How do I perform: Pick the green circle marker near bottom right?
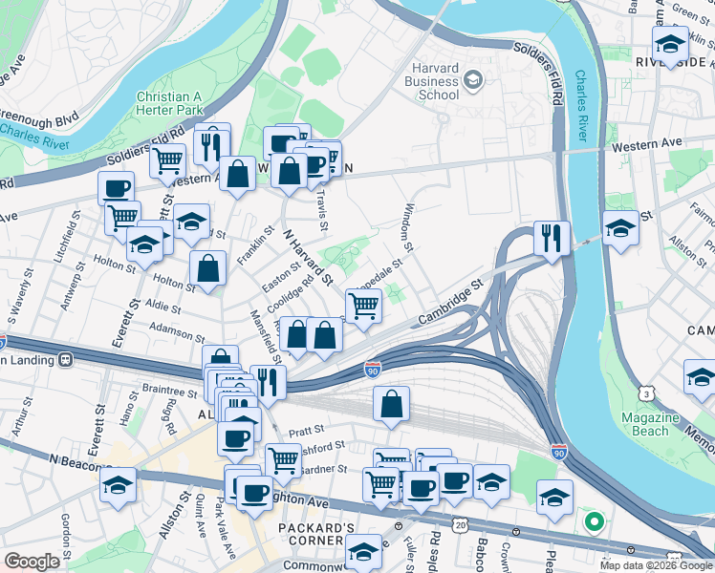tap(594, 522)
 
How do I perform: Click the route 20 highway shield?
tap(461, 526)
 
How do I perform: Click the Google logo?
tap(32, 562)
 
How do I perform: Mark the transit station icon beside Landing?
tap(66, 360)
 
